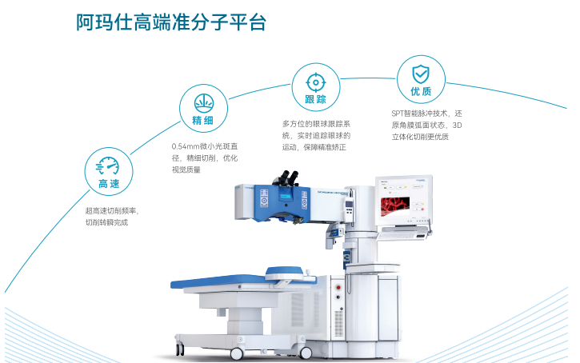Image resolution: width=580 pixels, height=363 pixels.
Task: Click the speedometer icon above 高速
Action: [x=107, y=166]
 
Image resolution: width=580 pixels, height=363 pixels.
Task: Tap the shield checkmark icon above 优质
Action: [x=421, y=74]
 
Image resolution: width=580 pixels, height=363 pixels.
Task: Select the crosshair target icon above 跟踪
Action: [x=315, y=82]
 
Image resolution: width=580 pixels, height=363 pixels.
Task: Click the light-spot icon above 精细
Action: [x=204, y=103]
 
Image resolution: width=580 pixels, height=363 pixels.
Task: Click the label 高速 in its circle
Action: [x=109, y=184]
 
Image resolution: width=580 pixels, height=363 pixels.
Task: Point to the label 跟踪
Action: [x=315, y=99]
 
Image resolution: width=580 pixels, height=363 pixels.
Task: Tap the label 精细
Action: [x=202, y=120]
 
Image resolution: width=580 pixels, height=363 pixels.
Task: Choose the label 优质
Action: [x=421, y=91]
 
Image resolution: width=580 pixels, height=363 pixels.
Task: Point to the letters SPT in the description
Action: [x=398, y=114]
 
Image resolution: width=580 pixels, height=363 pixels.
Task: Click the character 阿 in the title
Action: [x=85, y=22]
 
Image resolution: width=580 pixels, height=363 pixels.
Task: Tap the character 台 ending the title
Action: [x=257, y=22]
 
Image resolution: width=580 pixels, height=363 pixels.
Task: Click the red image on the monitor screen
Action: [x=395, y=205]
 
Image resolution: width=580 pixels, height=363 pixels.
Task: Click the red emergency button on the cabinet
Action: [x=338, y=288]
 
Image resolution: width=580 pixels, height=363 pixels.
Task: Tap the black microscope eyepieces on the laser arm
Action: [x=289, y=177]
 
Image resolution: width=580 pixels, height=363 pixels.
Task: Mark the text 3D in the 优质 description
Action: [x=457, y=126]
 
